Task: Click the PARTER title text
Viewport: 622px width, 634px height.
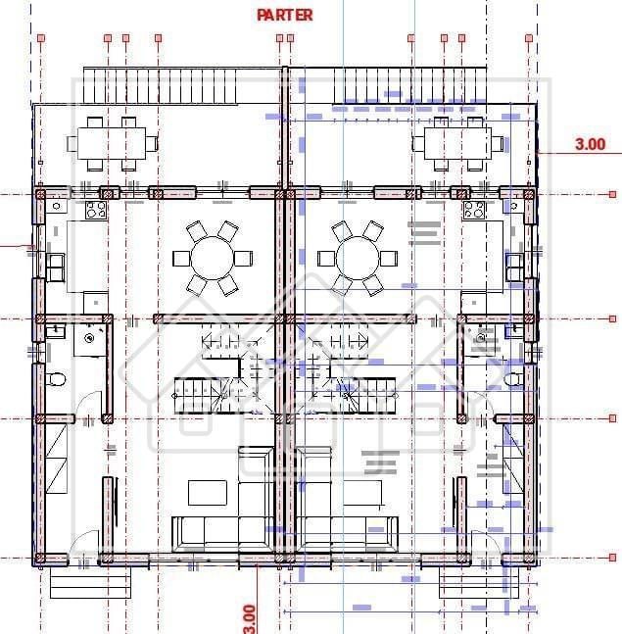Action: (x=284, y=15)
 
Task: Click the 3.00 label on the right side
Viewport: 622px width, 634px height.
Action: (x=590, y=144)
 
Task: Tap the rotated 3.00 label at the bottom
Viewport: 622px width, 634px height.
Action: (x=249, y=617)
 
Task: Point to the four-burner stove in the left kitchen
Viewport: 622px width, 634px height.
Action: (x=96, y=210)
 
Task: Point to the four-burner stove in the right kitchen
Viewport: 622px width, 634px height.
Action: (x=474, y=210)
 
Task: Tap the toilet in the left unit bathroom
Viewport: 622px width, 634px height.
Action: (x=57, y=379)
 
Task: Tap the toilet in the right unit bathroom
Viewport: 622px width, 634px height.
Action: (x=515, y=379)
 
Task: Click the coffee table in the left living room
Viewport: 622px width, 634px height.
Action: (x=208, y=492)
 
